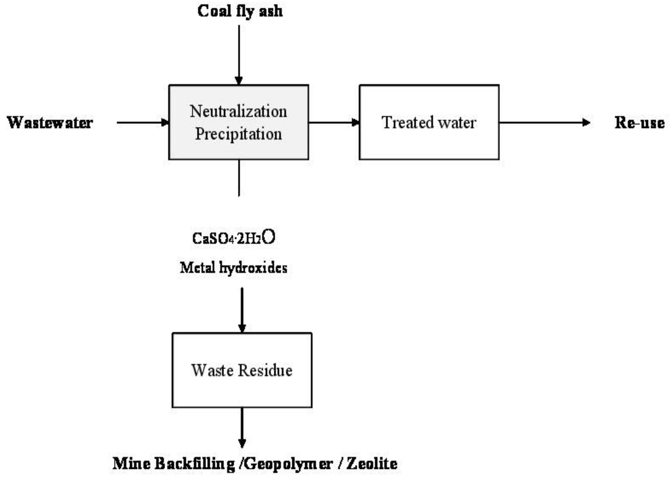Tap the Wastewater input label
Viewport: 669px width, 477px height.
[x=50, y=123]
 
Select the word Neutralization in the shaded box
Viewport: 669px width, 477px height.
[x=238, y=112]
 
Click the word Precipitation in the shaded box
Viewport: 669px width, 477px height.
[x=238, y=134]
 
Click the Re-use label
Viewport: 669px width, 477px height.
[x=639, y=123]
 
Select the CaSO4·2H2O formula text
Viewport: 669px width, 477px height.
[x=234, y=238]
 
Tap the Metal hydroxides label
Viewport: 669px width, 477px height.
[x=234, y=267]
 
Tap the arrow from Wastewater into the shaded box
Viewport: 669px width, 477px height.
[x=142, y=123]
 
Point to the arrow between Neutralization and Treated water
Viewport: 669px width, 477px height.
[x=334, y=122]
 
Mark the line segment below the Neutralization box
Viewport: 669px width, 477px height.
[x=239, y=178]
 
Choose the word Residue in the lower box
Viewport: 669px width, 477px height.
[x=265, y=370]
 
